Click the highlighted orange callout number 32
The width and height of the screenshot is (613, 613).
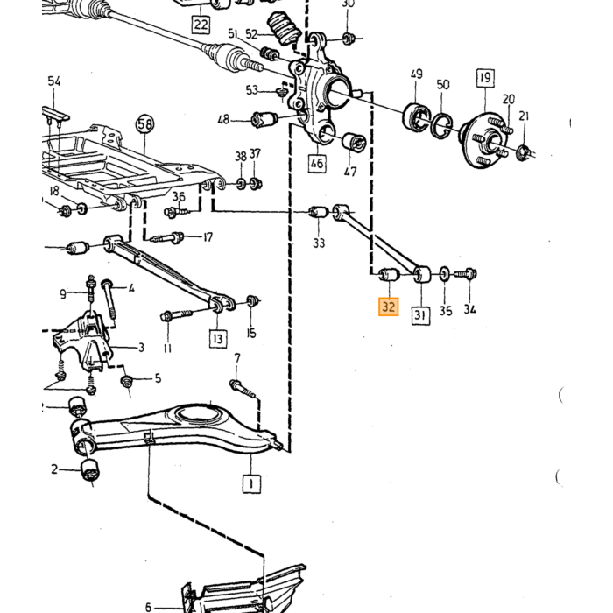[x=388, y=306]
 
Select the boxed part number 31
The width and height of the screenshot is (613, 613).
[x=419, y=314]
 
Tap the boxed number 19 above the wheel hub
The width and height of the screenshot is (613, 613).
[x=485, y=78]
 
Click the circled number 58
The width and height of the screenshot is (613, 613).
[x=144, y=124]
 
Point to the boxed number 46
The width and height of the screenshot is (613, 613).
[x=317, y=163]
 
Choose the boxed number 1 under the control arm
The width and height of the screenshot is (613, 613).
[x=251, y=483]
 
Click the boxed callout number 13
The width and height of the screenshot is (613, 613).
[x=218, y=339]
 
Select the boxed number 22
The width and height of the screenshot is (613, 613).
[x=201, y=25]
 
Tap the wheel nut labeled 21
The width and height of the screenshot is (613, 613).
[x=523, y=152]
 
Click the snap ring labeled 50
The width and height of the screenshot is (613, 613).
[x=441, y=125]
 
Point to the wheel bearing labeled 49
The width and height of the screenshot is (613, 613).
[x=416, y=116]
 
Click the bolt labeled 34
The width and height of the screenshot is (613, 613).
[x=466, y=273]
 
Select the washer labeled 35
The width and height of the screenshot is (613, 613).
[x=445, y=274]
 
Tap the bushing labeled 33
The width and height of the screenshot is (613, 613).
[x=319, y=212]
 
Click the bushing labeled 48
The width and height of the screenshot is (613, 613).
[x=264, y=119]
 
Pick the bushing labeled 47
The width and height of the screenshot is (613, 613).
[x=354, y=142]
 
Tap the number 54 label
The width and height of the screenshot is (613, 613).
[x=54, y=81]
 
